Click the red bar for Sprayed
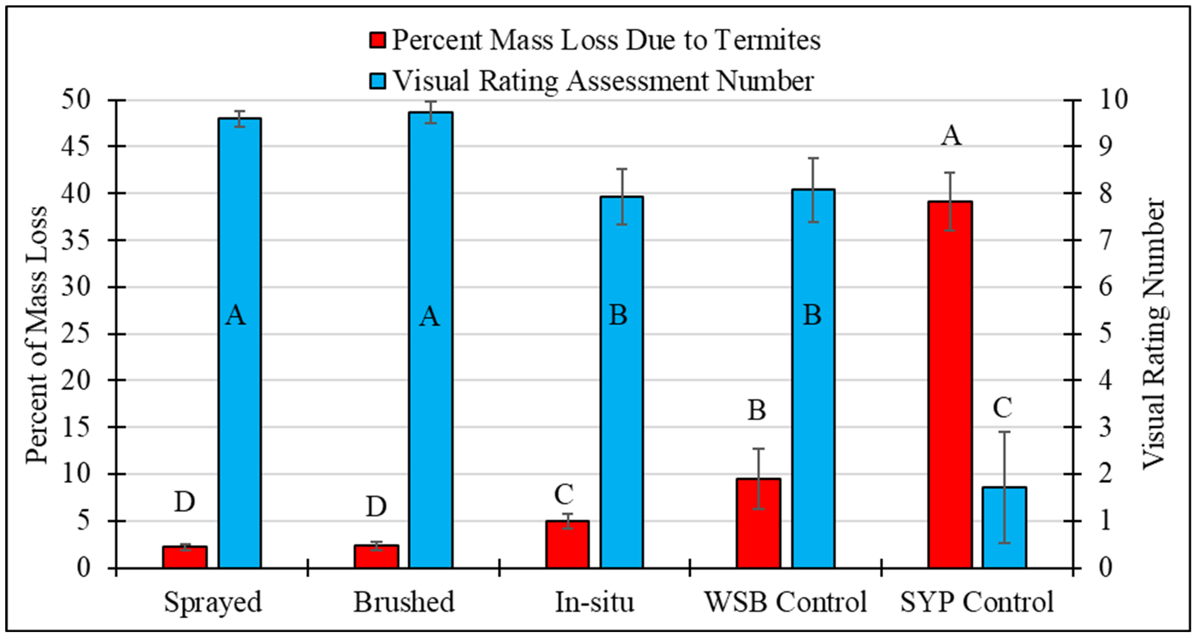click(x=184, y=557)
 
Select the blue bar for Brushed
click(x=431, y=340)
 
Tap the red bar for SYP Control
click(x=950, y=385)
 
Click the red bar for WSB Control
click(x=759, y=523)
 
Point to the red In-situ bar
click(x=567, y=544)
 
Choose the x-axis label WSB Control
click(x=786, y=602)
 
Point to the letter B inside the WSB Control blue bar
click(x=812, y=315)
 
